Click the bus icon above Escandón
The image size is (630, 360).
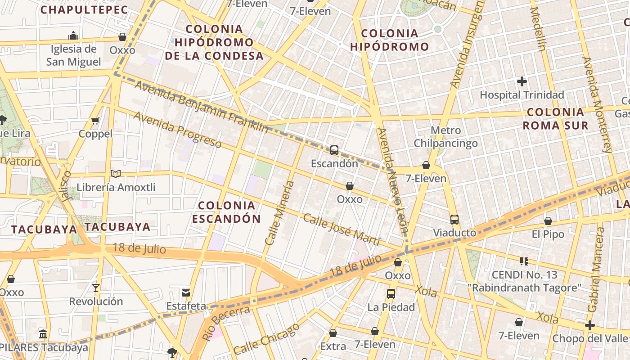tap(334, 150)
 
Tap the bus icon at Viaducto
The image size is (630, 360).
tap(454, 220)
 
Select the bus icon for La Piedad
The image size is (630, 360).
tap(391, 294)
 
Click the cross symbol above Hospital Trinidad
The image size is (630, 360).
tap(522, 81)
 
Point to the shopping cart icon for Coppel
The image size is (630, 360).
tap(95, 121)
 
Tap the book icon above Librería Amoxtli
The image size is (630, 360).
tap(116, 174)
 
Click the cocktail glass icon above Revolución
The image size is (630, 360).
tap(95, 288)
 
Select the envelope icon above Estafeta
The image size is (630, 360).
tap(186, 292)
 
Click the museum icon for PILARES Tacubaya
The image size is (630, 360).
tap(43, 334)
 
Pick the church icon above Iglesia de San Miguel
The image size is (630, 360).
tap(73, 35)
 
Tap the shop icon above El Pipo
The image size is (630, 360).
tap(548, 221)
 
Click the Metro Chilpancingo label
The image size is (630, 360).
tap(445, 137)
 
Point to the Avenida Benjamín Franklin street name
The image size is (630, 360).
tap(201, 107)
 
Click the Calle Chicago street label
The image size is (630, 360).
tap(266, 338)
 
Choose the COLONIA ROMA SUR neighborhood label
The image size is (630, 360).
tap(555, 119)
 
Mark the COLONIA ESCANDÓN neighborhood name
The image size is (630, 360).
tap(226, 212)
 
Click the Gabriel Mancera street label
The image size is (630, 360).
tap(596, 270)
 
